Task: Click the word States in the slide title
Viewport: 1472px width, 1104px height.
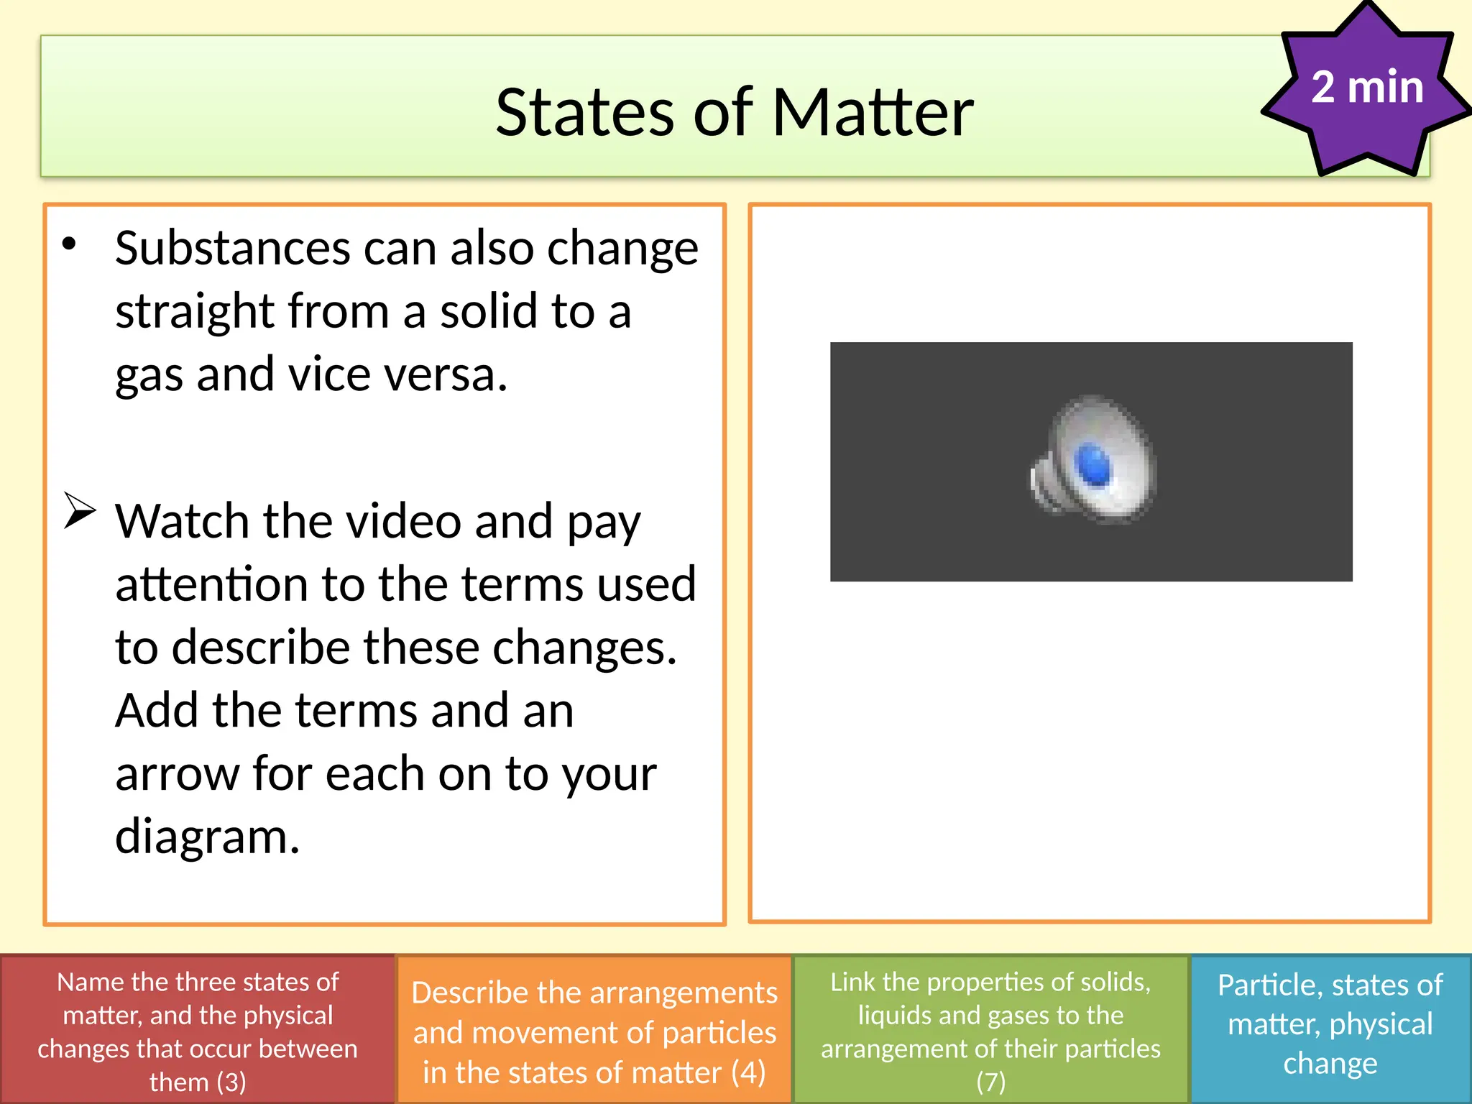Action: (x=584, y=113)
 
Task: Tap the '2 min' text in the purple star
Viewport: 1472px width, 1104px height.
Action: (x=1366, y=87)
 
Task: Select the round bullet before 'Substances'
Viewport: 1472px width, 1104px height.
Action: (x=69, y=244)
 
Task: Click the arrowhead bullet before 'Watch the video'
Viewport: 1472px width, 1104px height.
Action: (x=79, y=510)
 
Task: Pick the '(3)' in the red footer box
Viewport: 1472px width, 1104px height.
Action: (x=231, y=1082)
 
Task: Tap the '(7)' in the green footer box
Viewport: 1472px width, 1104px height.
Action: (x=990, y=1082)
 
